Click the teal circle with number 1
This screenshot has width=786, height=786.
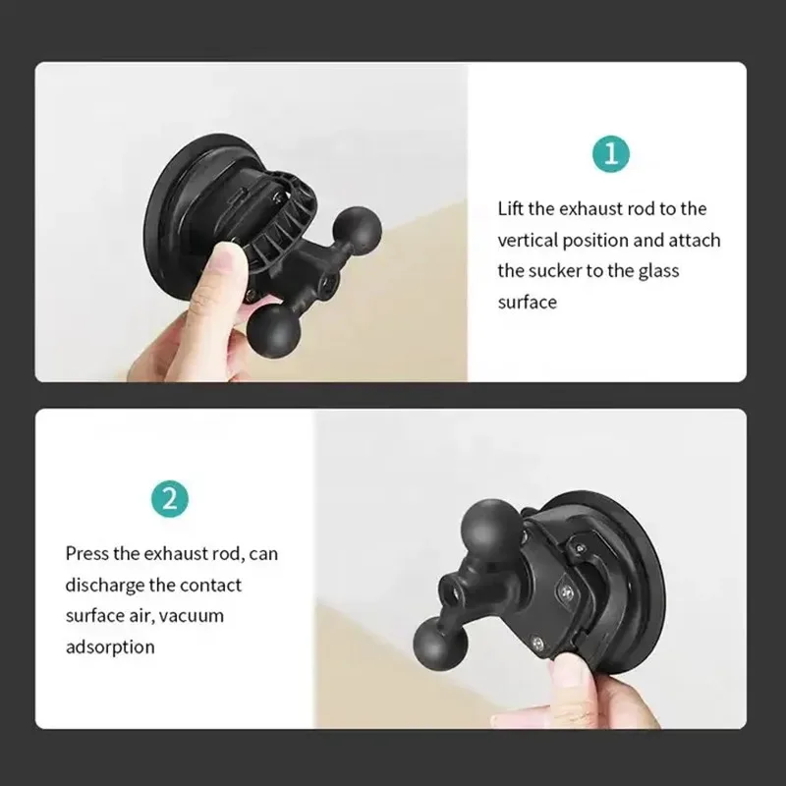(x=611, y=154)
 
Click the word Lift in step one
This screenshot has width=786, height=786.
(x=511, y=208)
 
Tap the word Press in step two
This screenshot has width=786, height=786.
(x=89, y=553)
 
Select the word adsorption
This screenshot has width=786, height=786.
(x=110, y=647)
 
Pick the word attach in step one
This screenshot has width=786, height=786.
(x=696, y=240)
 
